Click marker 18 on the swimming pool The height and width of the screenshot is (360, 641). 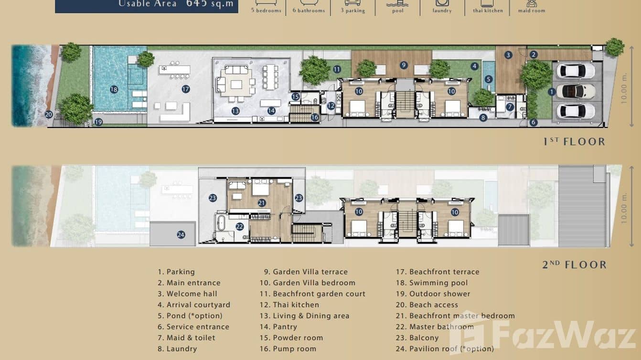pos(114,89)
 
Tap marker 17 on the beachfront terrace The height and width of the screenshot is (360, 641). pos(186,89)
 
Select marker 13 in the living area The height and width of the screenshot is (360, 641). pos(235,111)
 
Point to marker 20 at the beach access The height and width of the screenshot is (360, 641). pos(48,114)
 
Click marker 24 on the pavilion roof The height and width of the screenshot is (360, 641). pos(181,234)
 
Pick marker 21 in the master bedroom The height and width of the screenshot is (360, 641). pos(261,203)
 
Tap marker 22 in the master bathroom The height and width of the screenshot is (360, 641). pos(239,227)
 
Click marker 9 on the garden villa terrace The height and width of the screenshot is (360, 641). pos(404,65)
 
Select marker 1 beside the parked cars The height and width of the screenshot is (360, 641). pos(552,92)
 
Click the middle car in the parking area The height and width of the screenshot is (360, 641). pos(576,91)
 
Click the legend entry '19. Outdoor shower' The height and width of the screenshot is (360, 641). pos(439,294)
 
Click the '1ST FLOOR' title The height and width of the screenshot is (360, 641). pos(574,141)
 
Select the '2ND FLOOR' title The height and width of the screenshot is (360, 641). pos(574,264)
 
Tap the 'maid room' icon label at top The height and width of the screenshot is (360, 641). pos(531,11)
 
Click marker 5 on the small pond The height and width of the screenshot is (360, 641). pos(488,79)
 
